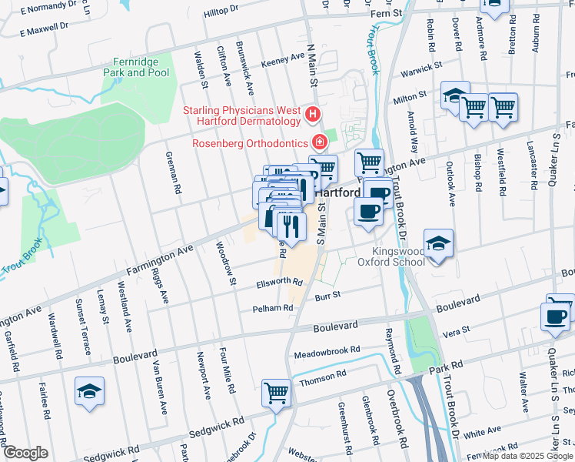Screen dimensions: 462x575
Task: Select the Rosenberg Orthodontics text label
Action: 250,142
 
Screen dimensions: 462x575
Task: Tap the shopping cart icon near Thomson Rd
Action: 276,393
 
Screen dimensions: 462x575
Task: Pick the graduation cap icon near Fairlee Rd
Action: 90,393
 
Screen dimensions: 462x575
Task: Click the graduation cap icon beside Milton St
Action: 455,96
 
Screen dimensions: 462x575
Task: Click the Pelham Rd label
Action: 273,308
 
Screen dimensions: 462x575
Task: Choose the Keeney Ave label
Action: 283,59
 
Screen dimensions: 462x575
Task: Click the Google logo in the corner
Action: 26,453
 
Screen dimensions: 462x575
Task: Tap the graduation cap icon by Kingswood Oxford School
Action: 438,246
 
